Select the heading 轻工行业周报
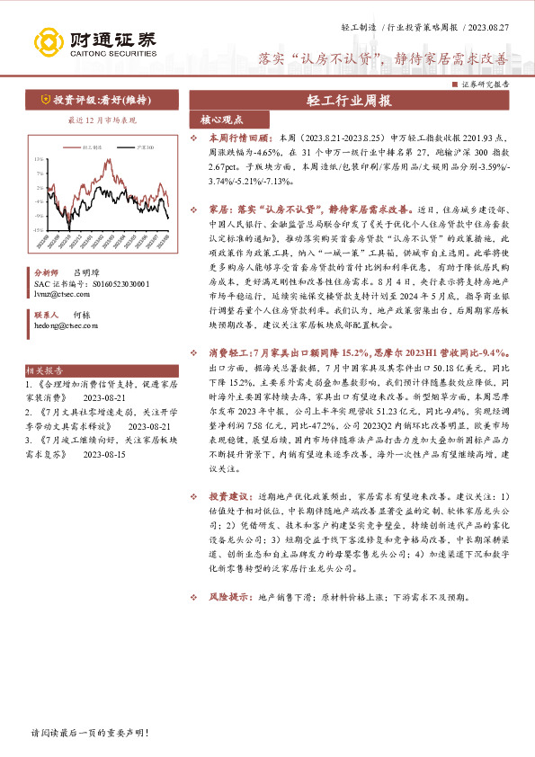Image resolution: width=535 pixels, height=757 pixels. tap(348, 101)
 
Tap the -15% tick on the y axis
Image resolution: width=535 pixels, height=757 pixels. tap(39, 229)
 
